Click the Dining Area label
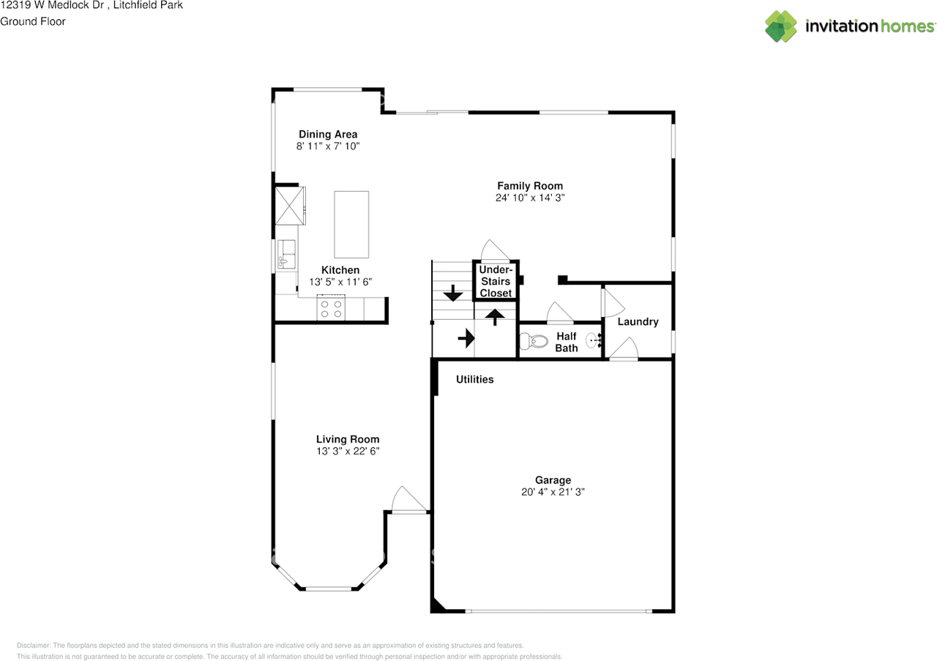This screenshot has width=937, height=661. pyautogui.click(x=328, y=134)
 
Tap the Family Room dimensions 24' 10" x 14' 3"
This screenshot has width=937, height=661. pyautogui.click(x=530, y=198)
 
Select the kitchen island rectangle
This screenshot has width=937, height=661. pyautogui.click(x=351, y=225)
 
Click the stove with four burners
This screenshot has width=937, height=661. pyautogui.click(x=331, y=308)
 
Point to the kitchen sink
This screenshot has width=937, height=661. pyautogui.click(x=286, y=254)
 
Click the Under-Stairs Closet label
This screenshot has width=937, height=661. pyautogui.click(x=496, y=281)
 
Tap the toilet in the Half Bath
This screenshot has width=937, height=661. pyautogui.click(x=534, y=341)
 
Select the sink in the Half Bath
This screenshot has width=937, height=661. pyautogui.click(x=594, y=340)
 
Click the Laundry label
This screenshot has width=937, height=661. pyautogui.click(x=638, y=321)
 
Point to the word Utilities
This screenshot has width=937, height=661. pyautogui.click(x=475, y=379)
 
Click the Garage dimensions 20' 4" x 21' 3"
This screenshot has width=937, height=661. pyautogui.click(x=553, y=492)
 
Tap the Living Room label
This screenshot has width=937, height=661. pyautogui.click(x=348, y=439)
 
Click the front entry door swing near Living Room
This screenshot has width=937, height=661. pyautogui.click(x=408, y=499)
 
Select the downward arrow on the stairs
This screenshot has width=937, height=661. pyautogui.click(x=453, y=293)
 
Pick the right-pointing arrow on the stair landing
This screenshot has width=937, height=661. pyautogui.click(x=466, y=337)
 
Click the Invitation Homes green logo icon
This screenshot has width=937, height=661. pyautogui.click(x=781, y=26)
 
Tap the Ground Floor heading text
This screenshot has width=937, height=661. pyautogui.click(x=33, y=21)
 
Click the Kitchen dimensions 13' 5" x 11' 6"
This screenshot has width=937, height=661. pyautogui.click(x=340, y=282)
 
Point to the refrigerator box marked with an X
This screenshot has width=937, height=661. pyautogui.click(x=290, y=206)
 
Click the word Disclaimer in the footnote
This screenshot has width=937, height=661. pyautogui.click(x=34, y=646)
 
